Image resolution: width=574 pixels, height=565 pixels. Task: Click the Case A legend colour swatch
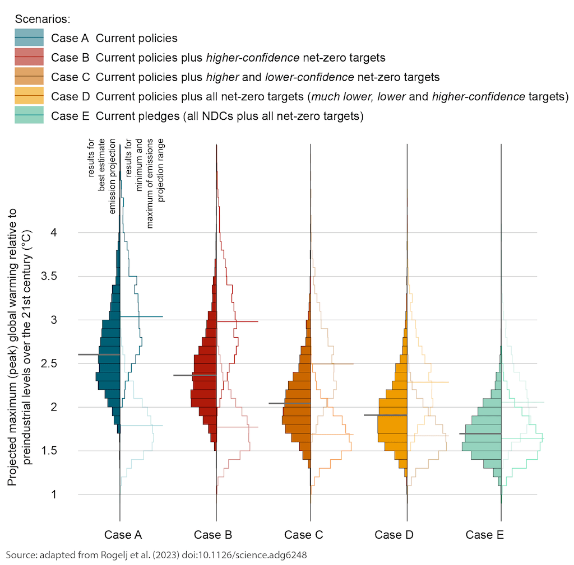[x=29, y=38]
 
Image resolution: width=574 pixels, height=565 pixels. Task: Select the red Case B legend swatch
[x=29, y=57]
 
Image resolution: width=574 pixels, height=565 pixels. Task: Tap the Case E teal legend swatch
[x=29, y=115]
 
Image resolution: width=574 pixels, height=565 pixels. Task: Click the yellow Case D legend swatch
[x=29, y=96]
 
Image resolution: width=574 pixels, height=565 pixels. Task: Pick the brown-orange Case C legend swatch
[x=29, y=77]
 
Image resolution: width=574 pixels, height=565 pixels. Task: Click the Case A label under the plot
[x=123, y=535]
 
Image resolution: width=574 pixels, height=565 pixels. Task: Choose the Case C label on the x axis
[x=303, y=535]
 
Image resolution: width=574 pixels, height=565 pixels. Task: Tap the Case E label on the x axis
[x=484, y=535]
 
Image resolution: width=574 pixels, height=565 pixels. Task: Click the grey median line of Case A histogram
[x=99, y=354]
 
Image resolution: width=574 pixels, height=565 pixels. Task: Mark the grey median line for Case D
[x=385, y=415]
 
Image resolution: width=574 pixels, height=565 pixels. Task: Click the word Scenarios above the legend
[x=43, y=19]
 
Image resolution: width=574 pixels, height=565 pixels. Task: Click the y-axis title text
[x=20, y=347]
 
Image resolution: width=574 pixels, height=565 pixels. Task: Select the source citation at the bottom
[x=157, y=554]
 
